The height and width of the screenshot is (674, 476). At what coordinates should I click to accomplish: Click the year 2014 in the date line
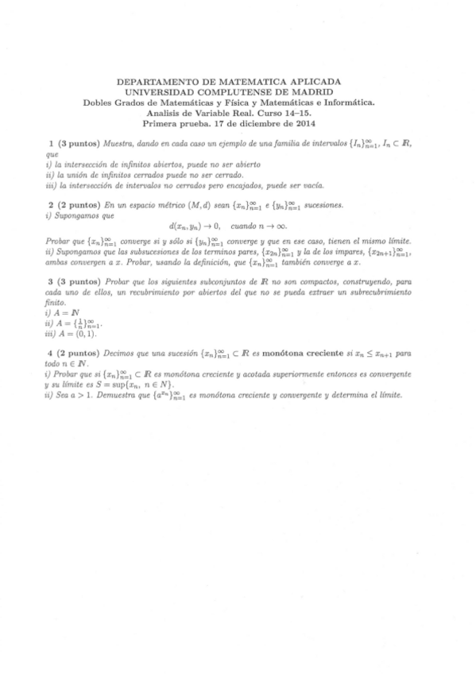point(304,123)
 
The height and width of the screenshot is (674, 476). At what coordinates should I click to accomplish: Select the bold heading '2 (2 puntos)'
point(74,204)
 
